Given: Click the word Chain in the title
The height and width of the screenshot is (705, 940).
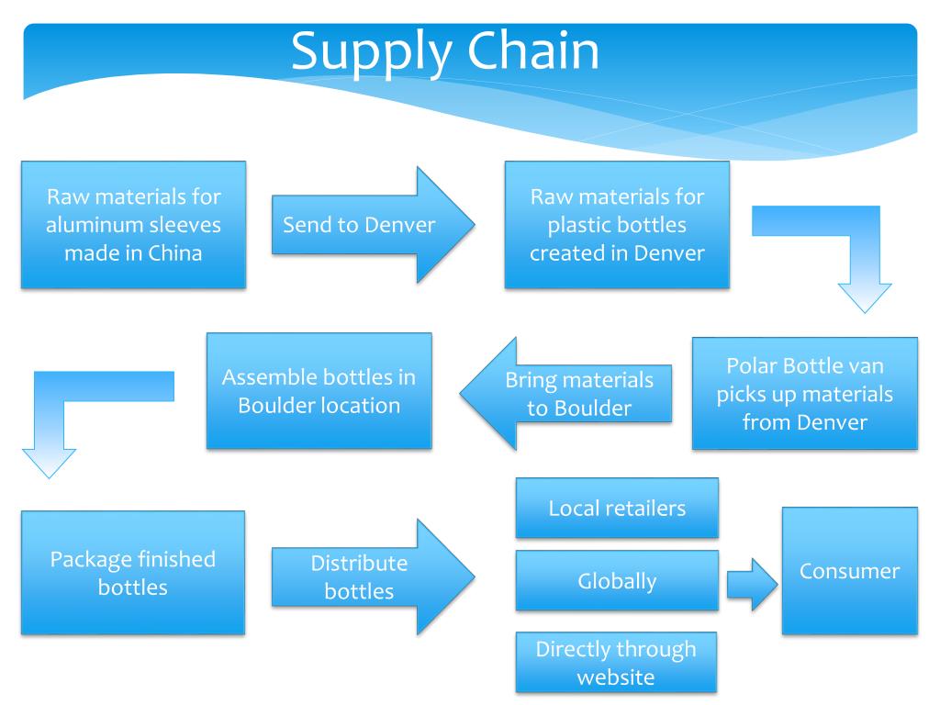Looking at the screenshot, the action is (x=533, y=51).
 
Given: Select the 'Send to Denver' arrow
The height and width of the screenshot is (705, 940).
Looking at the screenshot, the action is (x=373, y=225).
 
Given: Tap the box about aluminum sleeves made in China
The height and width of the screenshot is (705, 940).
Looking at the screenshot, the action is (x=133, y=225).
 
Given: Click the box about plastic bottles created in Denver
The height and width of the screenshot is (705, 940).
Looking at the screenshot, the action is (x=617, y=225).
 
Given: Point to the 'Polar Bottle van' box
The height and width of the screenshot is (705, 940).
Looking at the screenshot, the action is (x=804, y=393).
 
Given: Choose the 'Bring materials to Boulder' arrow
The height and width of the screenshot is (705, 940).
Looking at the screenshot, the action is (x=565, y=393).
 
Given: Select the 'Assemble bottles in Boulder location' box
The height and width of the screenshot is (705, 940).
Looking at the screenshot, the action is (x=319, y=391).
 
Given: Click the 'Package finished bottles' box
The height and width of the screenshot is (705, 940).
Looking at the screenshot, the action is (x=133, y=573).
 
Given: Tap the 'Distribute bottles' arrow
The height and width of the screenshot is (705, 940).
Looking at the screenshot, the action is (x=373, y=576).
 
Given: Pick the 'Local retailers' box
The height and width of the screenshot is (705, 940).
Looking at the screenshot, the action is (x=617, y=508).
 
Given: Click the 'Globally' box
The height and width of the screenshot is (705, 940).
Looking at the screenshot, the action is (x=617, y=580).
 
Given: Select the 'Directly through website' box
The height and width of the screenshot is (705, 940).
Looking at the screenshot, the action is (x=616, y=663).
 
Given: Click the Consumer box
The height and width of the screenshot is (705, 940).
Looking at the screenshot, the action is (x=849, y=571).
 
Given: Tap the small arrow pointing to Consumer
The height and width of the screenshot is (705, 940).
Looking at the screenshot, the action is (x=753, y=585).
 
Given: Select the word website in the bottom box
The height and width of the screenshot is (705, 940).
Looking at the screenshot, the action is (x=616, y=677).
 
